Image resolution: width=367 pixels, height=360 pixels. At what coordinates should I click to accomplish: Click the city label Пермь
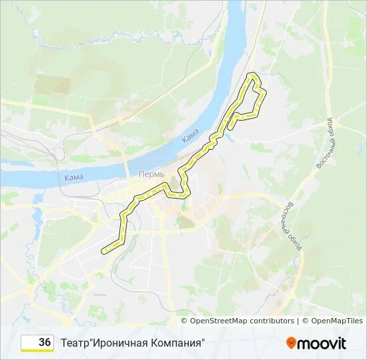[x=151, y=173]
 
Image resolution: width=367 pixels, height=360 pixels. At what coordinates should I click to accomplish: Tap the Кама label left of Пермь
[x=74, y=177]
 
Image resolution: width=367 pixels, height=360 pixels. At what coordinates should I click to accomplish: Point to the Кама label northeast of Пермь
[x=191, y=136]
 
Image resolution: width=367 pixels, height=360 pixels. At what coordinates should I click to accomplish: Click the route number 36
[x=45, y=342]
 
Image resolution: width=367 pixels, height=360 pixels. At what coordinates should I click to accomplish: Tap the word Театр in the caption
[x=75, y=343]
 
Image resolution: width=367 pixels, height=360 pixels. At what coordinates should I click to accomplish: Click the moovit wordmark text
[x=322, y=343]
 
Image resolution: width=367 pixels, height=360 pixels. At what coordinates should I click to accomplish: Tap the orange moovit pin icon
[x=291, y=343]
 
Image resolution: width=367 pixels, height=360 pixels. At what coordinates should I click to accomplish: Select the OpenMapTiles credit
[x=336, y=321]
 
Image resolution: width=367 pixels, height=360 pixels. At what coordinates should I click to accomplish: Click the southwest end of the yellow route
[x=103, y=251]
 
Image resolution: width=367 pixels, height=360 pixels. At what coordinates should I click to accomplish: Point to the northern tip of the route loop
[x=252, y=74]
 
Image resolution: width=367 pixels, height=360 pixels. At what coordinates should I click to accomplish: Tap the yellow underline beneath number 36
[x=37, y=351]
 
